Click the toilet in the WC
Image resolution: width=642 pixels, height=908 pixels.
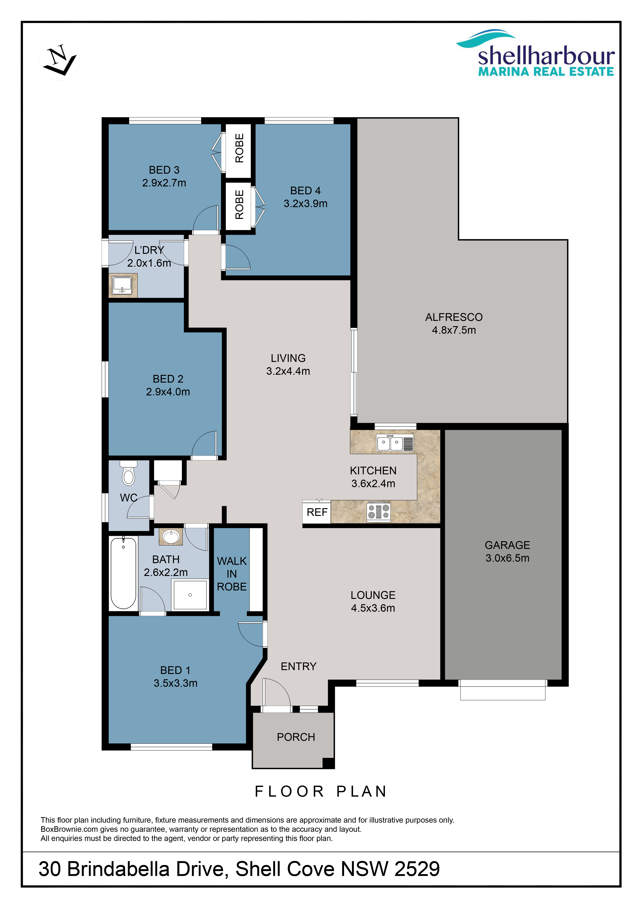pos(129,473)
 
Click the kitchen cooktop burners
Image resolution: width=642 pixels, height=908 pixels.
pos(378,511)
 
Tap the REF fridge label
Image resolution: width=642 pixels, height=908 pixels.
pos(317,512)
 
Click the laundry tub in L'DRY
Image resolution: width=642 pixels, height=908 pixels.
pos(123,285)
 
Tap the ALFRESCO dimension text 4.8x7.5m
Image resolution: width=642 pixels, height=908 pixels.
pos(454,330)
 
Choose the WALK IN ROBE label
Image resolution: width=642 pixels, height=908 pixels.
pos(232,574)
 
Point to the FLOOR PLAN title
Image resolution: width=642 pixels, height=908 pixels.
pos(321,791)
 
